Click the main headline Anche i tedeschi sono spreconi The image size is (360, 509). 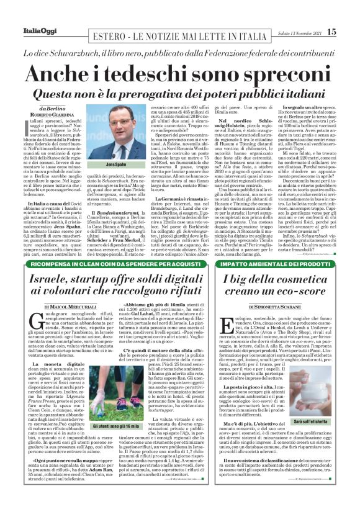point(180,72)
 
